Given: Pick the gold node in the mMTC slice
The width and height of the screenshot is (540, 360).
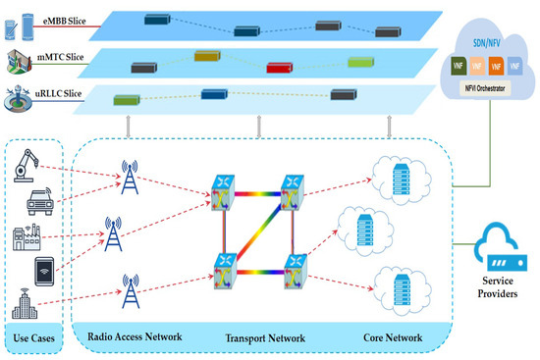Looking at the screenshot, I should [206, 58].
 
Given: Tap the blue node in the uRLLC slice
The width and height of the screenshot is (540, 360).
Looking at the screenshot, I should [215, 94].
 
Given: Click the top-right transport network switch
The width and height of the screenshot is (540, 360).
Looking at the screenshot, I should [293, 189].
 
